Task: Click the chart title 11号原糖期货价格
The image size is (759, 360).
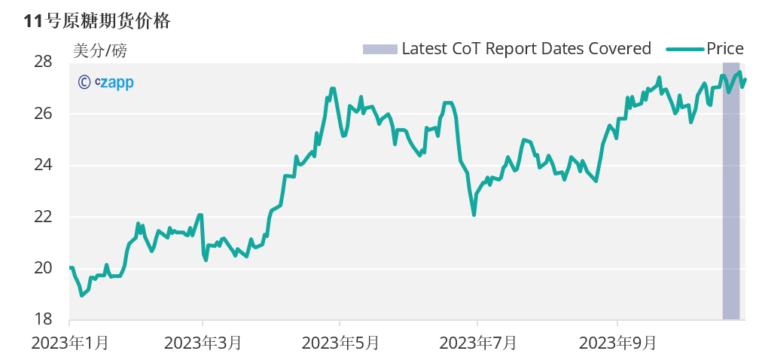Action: [x=97, y=21]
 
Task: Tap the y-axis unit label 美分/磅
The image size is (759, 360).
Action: [x=100, y=51]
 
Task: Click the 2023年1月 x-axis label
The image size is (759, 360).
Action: [x=70, y=343]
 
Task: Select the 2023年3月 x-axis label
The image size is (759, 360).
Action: [x=203, y=343]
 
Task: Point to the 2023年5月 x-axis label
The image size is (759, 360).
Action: [x=340, y=343]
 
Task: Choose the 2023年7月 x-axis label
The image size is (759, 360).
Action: [x=478, y=343]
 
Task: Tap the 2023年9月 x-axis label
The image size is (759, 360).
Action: [x=617, y=343]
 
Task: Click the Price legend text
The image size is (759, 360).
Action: [x=725, y=49]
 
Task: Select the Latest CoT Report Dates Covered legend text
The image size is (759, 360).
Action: [x=526, y=49]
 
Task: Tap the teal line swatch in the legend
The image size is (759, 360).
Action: [x=684, y=49]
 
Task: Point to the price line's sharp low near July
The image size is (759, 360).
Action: [x=474, y=215]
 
